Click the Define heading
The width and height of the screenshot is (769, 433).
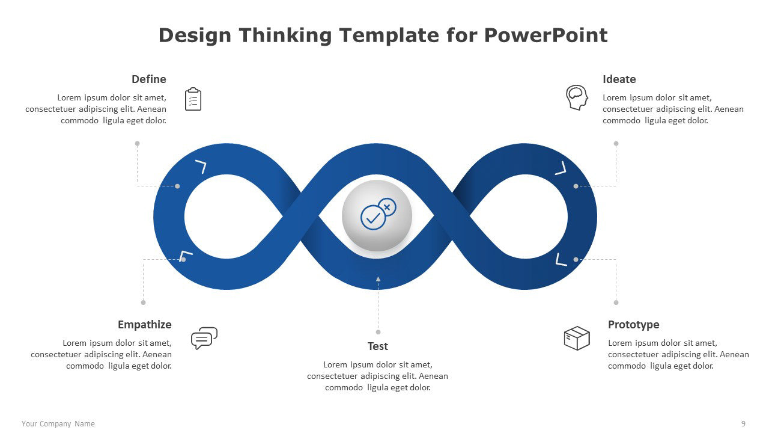pos(148,79)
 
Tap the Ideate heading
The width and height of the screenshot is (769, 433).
pos(619,79)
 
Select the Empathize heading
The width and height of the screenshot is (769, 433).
pos(145,325)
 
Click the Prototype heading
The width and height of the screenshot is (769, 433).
pos(633,325)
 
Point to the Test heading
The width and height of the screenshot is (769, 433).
pos(378,346)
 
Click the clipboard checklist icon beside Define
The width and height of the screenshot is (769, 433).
pos(193,99)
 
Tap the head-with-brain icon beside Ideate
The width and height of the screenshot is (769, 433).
pos(577,97)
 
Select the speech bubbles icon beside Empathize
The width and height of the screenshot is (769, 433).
pos(204,338)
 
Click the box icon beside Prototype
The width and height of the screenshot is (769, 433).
pos(577,338)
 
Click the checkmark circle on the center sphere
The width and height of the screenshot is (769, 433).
pos(373,218)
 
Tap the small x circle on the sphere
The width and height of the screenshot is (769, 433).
pos(387,207)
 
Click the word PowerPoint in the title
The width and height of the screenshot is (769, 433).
pos(546,35)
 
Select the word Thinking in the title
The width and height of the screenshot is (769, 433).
pos(285,36)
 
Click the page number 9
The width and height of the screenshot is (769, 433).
pos(743,424)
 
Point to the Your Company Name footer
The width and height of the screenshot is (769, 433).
pos(58,424)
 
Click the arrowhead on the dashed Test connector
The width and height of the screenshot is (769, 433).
pos(378,279)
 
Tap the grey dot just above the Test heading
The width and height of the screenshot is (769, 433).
pos(378,332)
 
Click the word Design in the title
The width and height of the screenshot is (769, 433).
pos(195,36)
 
